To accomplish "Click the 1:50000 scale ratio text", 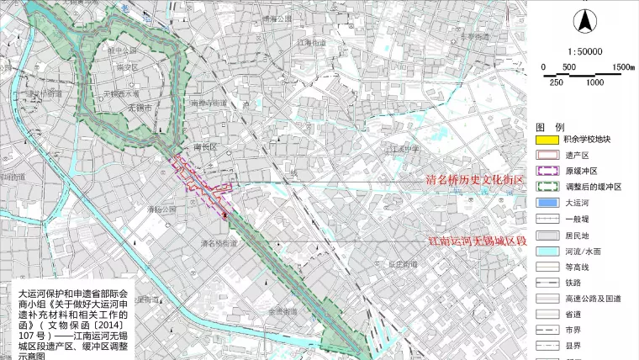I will pyautogui.click(x=583, y=51).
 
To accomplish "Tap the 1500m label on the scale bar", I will pyautogui.click(x=622, y=67).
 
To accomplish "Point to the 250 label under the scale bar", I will pyautogui.click(x=556, y=82).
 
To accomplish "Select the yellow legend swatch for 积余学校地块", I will pyautogui.click(x=547, y=139).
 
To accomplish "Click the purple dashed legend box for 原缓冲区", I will pyautogui.click(x=547, y=171).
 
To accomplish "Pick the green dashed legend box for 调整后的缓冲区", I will pyautogui.click(x=547, y=187).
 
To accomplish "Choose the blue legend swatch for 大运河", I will pyautogui.click(x=547, y=203).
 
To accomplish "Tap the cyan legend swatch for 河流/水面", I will pyautogui.click(x=547, y=251).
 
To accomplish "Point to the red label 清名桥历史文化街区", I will pyautogui.click(x=474, y=181).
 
